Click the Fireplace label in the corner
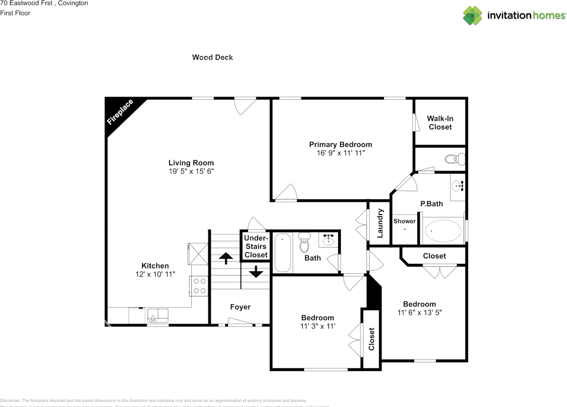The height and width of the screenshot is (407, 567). [x=120, y=112]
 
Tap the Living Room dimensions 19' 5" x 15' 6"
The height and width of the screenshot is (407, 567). [x=191, y=171]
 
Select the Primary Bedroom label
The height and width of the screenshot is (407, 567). [x=340, y=145]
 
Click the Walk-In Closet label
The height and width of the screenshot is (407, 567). [x=440, y=123]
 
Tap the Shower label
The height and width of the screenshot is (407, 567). [x=405, y=221]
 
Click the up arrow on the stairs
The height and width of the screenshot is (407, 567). [x=226, y=258]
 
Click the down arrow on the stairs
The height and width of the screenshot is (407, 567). [x=256, y=271]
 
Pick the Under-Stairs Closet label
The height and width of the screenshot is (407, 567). [x=256, y=247]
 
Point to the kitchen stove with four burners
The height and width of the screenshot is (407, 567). [x=199, y=286]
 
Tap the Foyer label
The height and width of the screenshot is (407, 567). [x=240, y=307]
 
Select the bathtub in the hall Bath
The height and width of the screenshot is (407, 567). [x=283, y=253]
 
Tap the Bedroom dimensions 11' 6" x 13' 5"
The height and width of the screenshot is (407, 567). [x=419, y=312]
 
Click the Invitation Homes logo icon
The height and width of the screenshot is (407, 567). [x=472, y=16]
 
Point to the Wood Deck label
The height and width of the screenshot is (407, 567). [x=212, y=57]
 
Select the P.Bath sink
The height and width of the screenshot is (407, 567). [x=458, y=186]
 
